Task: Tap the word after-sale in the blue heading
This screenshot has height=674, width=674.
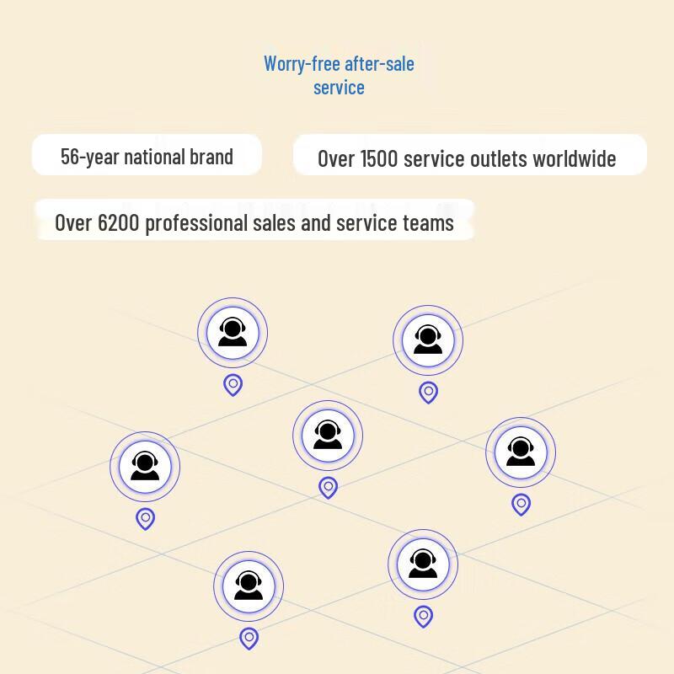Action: pyautogui.click(x=380, y=64)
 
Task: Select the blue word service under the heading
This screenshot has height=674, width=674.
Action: pyautogui.click(x=339, y=88)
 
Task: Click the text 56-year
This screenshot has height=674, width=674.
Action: pyautogui.click(x=89, y=157)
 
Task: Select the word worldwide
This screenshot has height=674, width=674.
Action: pyautogui.click(x=575, y=159)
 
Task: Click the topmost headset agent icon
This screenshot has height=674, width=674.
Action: pyautogui.click(x=233, y=333)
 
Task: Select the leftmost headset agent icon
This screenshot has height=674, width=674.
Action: pyautogui.click(x=145, y=467)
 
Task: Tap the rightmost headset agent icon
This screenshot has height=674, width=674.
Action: pyautogui.click(x=521, y=452)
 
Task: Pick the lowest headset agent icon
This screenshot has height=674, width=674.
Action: pyautogui.click(x=249, y=586)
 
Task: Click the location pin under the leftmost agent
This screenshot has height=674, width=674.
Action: pyautogui.click(x=145, y=519)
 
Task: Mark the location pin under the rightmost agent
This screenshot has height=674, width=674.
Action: pyautogui.click(x=521, y=504)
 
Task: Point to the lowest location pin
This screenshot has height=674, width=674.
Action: pyautogui.click(x=249, y=639)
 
